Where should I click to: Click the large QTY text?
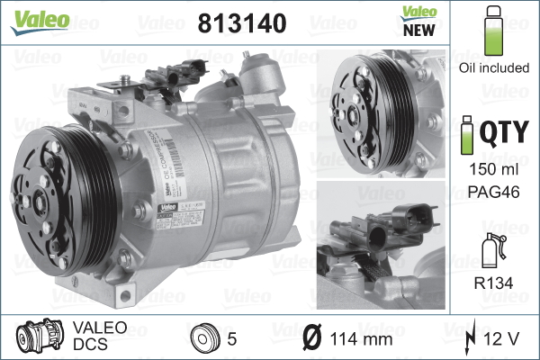coord(502,133)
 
